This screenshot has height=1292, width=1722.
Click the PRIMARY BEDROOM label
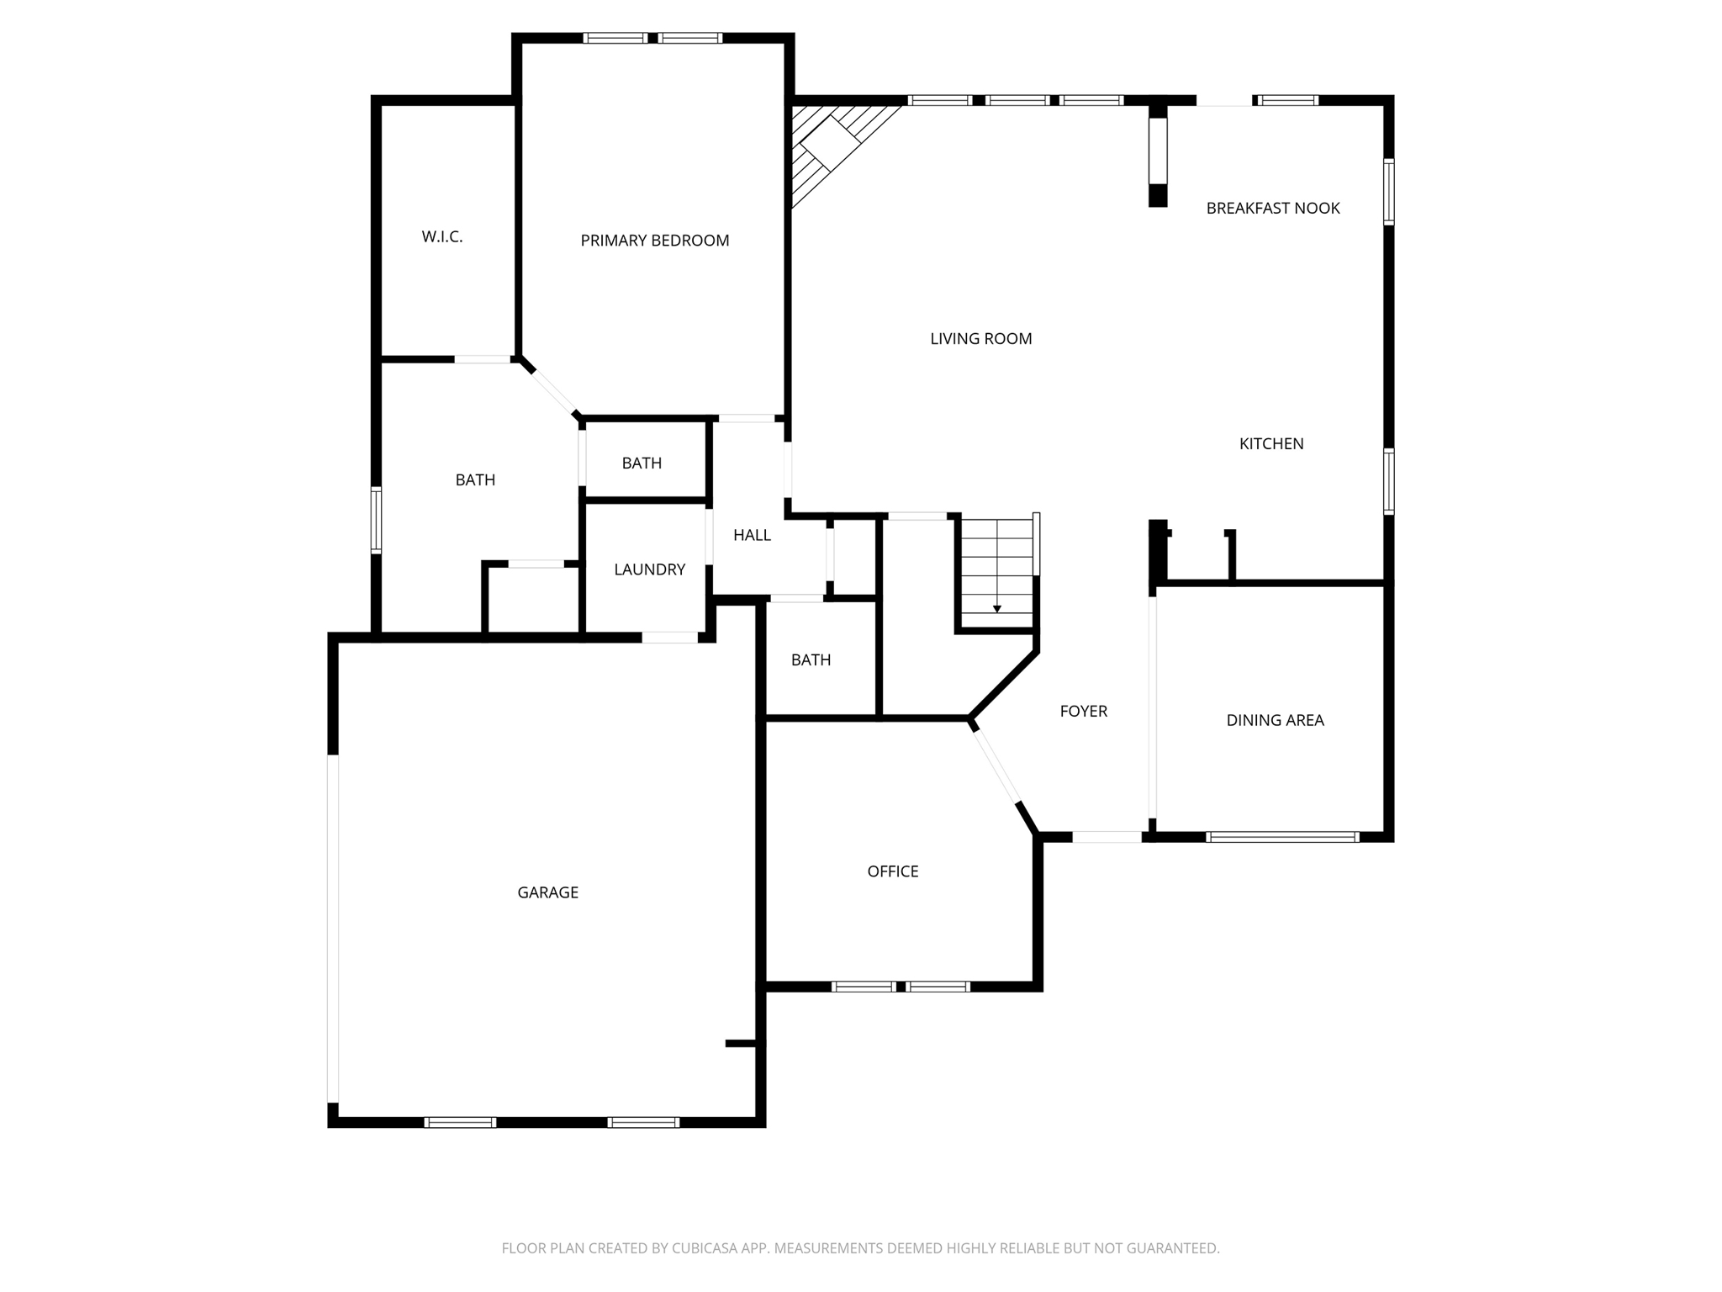(654, 241)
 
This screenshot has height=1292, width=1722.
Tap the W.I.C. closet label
(442, 237)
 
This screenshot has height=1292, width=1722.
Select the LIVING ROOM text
(980, 339)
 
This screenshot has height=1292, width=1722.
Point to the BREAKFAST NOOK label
(1272, 209)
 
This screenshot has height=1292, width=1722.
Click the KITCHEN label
(1270, 444)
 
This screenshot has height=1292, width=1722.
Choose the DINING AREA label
(1275, 720)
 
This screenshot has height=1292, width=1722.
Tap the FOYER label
(1083, 712)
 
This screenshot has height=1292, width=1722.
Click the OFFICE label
(892, 871)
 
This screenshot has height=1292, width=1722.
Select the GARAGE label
(547, 892)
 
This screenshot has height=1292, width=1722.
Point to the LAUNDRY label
(649, 569)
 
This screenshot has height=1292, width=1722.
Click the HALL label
(752, 535)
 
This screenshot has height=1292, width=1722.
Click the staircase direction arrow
(996, 607)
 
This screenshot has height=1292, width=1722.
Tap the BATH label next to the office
(811, 660)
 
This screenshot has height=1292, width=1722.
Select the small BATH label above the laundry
(642, 463)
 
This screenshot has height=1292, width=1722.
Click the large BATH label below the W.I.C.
(475, 480)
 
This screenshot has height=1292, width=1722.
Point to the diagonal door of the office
(997, 767)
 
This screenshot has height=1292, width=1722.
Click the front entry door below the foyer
(1107, 837)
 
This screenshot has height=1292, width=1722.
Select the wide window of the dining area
(1282, 837)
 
